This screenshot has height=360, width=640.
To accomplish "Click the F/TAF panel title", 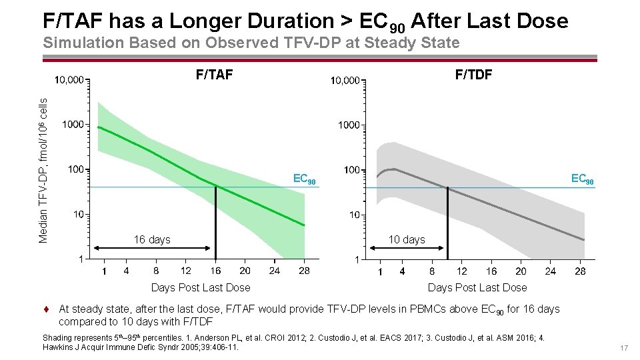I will click(214, 75).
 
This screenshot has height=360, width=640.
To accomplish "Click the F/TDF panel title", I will click(473, 75).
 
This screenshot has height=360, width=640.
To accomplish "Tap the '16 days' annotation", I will click(152, 239).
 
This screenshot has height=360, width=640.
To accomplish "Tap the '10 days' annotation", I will click(407, 240).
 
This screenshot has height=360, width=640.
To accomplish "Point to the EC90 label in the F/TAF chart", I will click(304, 179).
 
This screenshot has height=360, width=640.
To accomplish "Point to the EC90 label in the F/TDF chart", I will click(582, 179).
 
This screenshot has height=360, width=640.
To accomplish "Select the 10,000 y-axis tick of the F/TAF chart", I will click(69, 81).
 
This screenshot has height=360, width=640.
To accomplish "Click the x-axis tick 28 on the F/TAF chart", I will click(304, 271).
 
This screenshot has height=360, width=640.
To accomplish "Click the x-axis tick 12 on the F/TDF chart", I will click(462, 271).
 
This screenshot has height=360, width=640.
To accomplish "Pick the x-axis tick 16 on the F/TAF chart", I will click(215, 271).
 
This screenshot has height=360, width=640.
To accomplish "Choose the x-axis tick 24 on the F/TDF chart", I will click(550, 271).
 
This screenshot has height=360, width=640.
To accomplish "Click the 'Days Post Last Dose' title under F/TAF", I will click(201, 287).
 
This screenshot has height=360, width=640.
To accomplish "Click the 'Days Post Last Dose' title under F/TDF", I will click(477, 287).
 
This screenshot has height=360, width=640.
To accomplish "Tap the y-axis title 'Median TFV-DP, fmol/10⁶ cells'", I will click(43, 170).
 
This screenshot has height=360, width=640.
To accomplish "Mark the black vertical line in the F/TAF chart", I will click(215, 223).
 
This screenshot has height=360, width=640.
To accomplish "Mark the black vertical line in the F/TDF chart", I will click(447, 224).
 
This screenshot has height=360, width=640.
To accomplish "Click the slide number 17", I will click(624, 349).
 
